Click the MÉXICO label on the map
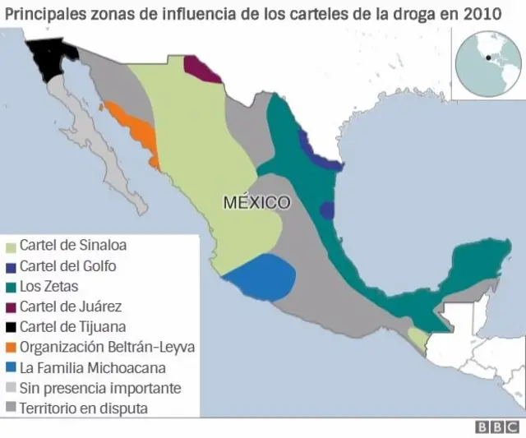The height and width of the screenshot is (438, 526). coord(256,202)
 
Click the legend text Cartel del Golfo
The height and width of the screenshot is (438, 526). coord(67,266)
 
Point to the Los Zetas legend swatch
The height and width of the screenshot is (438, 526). coord(11,287)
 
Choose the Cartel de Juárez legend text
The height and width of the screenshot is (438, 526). coord(71,307)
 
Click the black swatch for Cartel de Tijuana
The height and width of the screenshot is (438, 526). coord(11,327)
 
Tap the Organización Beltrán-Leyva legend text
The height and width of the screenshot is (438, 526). coord(107,347)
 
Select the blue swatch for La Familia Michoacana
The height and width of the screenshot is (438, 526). coord(11,367)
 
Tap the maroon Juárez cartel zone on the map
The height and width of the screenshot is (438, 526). coord(201,69)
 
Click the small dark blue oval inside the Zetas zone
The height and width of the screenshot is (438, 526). coord(327,210)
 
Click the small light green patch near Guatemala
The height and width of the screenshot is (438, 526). coord(418,339)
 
